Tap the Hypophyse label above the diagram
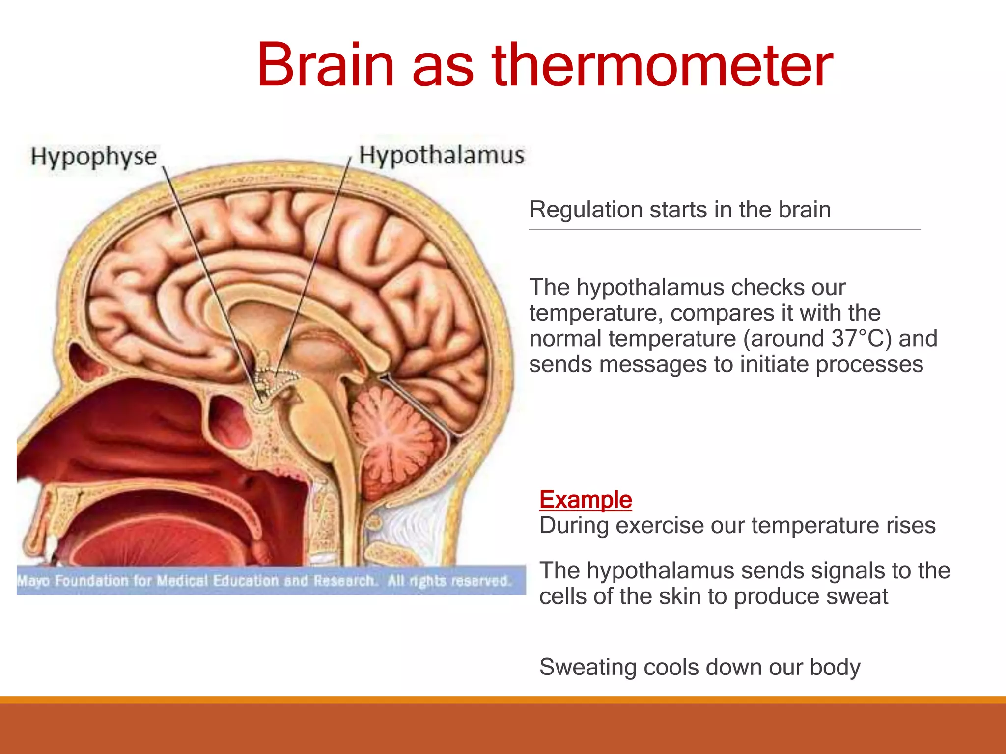click(x=93, y=157)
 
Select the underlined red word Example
click(x=585, y=500)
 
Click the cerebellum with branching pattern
click(x=393, y=432)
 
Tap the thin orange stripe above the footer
click(x=503, y=700)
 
